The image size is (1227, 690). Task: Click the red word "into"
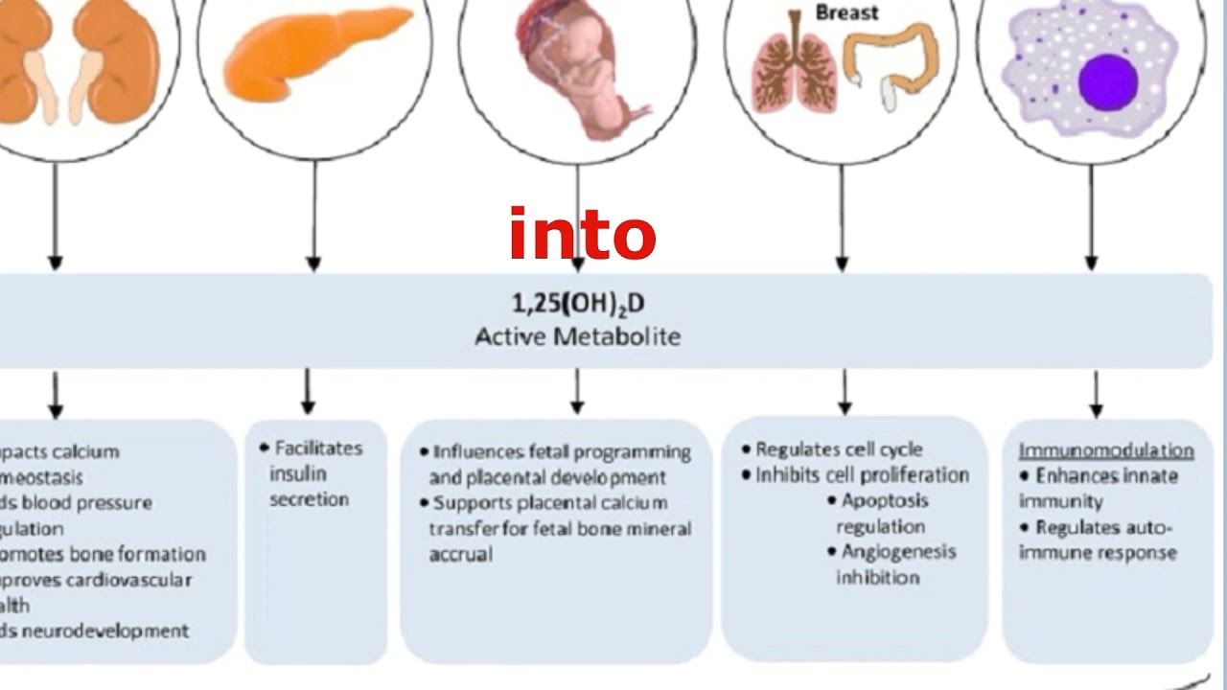click(582, 235)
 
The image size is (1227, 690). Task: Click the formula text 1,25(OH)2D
click(578, 304)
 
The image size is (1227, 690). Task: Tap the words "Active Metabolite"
click(578, 336)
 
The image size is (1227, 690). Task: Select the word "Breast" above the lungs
click(846, 13)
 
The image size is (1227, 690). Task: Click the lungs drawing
click(793, 75)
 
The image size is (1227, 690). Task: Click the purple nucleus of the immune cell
click(1107, 81)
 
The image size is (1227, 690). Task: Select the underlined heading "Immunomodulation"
click(1106, 450)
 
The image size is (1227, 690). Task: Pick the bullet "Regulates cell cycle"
click(839, 449)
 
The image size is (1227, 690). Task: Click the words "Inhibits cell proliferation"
click(862, 475)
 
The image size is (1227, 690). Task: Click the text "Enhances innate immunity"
click(1098, 488)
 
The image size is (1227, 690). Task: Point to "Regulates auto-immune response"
click(1098, 540)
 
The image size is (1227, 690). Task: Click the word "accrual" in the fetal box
click(460, 554)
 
